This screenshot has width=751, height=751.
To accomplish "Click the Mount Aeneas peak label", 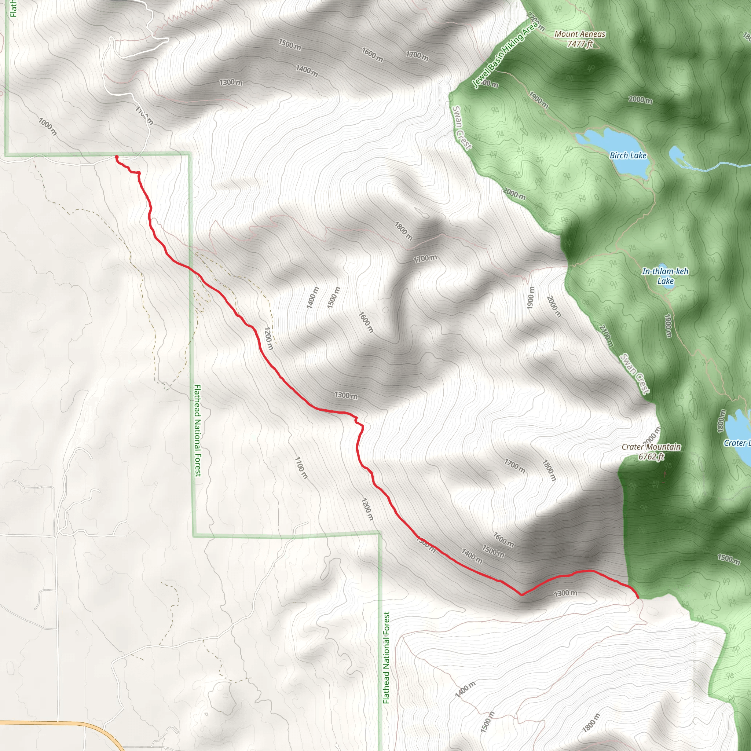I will pos(580,39).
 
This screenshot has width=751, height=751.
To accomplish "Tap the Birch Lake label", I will pos(628,155).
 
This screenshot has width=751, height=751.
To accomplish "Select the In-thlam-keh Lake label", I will pos(665,276).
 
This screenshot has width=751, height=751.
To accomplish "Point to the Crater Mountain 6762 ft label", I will pos(651,451).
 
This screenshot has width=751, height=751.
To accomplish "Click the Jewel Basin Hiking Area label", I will pos(505,54).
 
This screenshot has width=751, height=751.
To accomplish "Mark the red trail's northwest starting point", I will pos(117,157).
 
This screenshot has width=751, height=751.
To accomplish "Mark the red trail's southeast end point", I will pos(637,597).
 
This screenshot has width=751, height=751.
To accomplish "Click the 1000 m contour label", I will pos(47,127).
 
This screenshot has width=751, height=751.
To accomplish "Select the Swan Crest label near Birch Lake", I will pos(461,128).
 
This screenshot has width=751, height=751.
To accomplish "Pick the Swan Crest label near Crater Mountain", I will pos(634,374).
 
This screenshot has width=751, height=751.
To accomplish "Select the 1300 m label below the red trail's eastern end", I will pos(565,593).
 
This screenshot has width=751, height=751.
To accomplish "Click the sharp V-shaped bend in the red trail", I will pos(522,594).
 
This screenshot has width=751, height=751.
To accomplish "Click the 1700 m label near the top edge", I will pos(417,56).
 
